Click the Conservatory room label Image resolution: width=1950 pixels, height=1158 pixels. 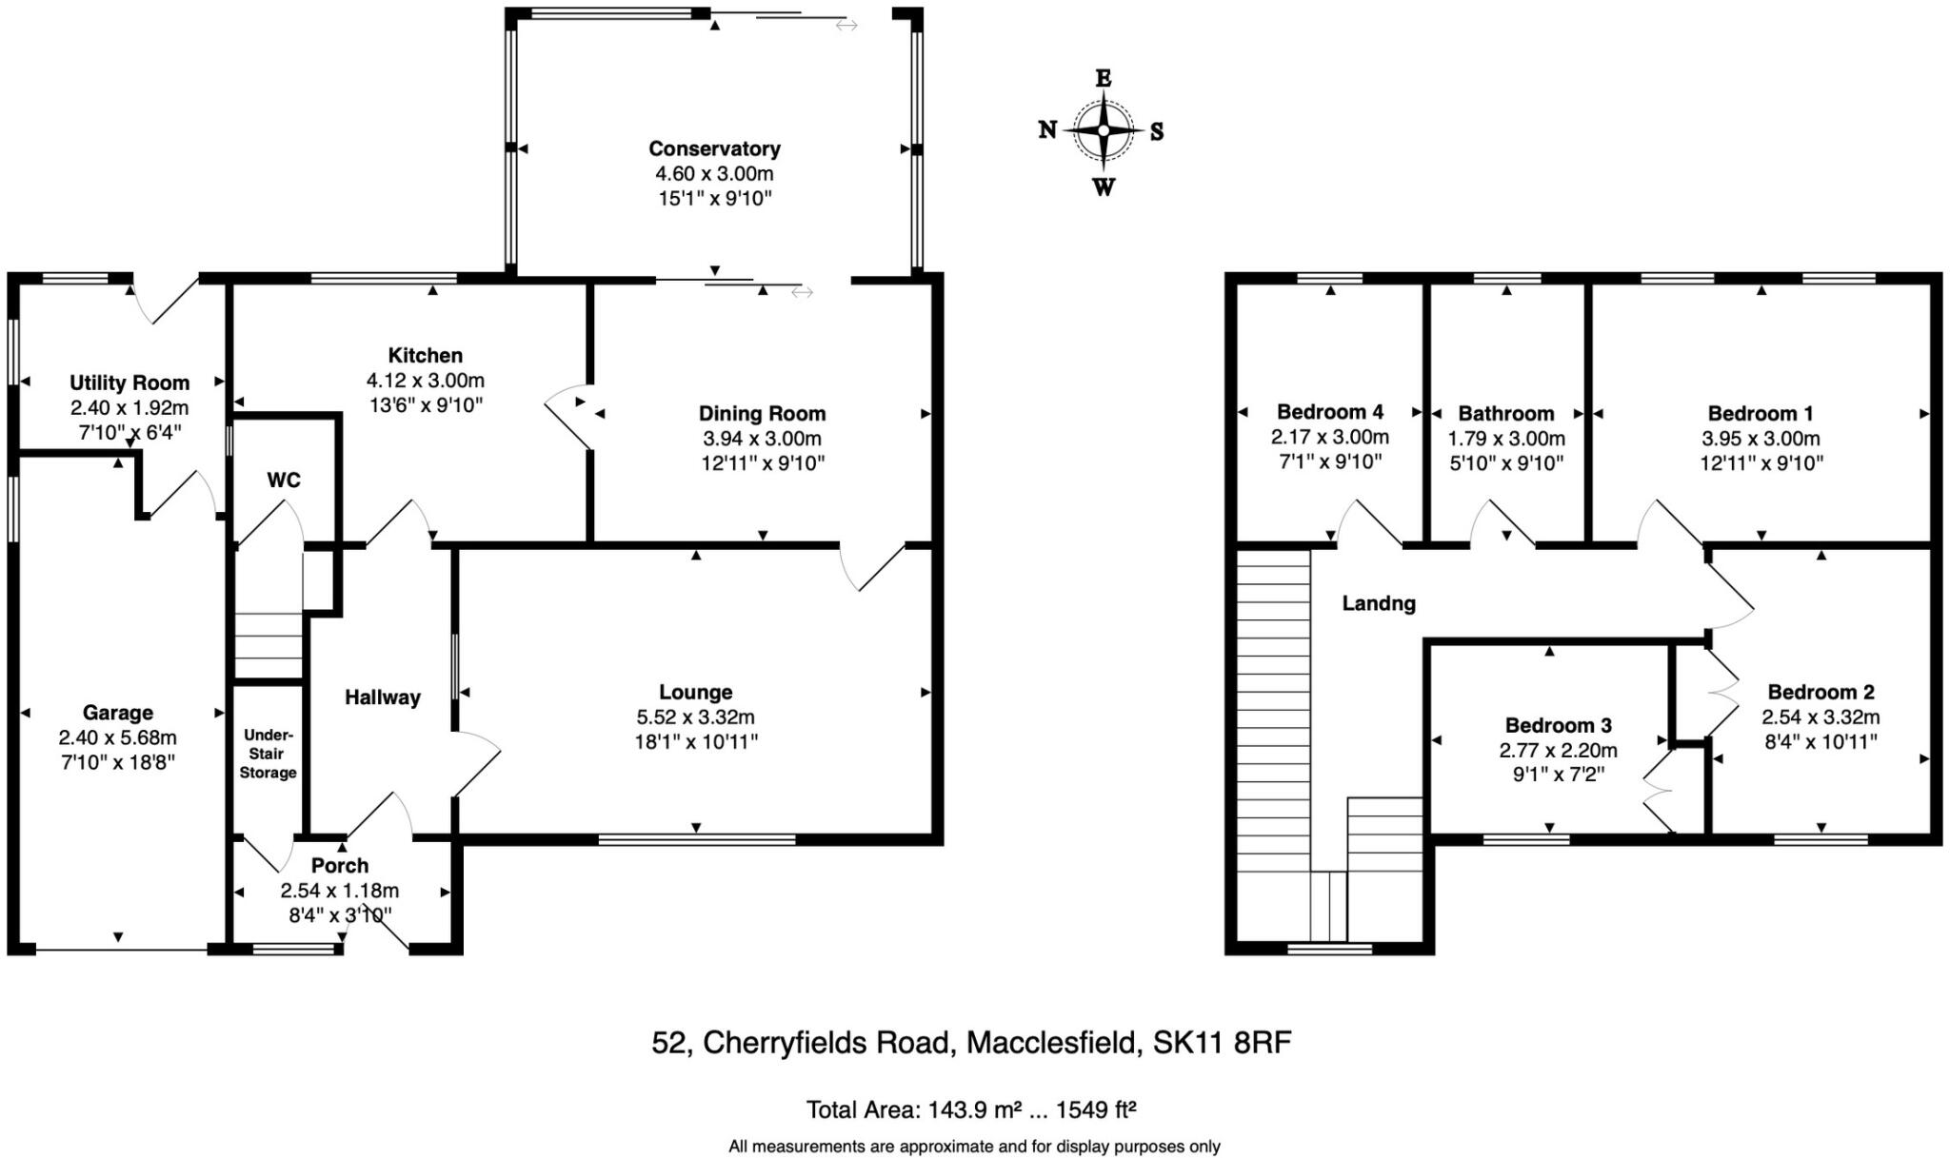714,148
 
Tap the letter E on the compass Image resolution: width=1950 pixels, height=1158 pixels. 1104,78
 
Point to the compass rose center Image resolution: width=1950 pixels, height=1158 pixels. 1104,130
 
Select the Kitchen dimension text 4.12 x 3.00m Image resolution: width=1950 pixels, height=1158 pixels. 425,381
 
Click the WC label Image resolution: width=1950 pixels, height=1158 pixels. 284,481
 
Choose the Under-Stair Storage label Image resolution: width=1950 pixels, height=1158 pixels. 268,754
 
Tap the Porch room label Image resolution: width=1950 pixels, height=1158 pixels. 340,866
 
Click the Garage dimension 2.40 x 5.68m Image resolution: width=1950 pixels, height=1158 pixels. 117,737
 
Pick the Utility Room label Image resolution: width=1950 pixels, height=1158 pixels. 129,383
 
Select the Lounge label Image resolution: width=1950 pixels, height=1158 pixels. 695,693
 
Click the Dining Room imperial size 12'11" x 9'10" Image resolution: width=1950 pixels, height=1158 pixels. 762,463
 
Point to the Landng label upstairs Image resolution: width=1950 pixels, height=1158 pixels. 1379,603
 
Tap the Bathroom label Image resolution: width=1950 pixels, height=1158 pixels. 1506,414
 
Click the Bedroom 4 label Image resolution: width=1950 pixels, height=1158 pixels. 1329,412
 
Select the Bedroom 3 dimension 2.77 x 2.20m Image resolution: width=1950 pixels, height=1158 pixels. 1558,751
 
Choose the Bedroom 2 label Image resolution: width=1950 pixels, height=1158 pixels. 1821,693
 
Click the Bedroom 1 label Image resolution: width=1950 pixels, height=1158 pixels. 1761,414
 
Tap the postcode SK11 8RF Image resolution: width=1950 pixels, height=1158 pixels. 1222,1044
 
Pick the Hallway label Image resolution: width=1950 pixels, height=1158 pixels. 382,697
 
